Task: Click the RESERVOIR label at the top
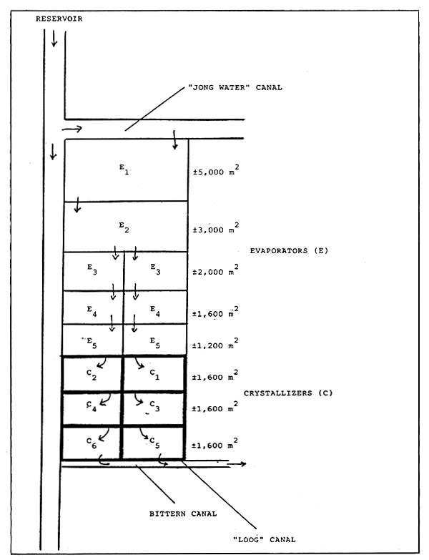pyautogui.click(x=59, y=19)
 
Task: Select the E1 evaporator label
pyautogui.click(x=123, y=169)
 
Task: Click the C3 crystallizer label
pyautogui.click(x=154, y=408)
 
